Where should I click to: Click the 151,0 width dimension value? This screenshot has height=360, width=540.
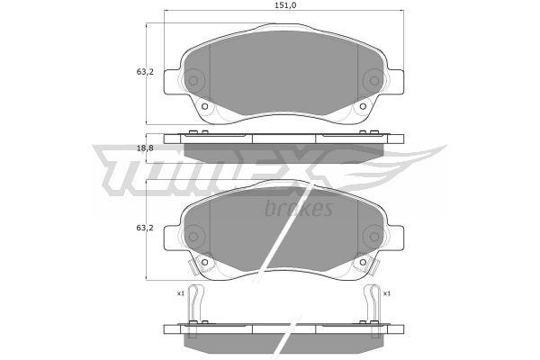pos(285,5)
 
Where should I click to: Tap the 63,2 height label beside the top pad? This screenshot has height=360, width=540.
pos(145,72)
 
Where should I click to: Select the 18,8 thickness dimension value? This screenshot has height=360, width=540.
pos(145,148)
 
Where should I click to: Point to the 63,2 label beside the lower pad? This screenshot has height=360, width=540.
pos(145,228)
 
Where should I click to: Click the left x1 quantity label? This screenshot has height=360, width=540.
pos(181,293)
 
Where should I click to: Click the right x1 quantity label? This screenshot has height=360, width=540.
pos(387,293)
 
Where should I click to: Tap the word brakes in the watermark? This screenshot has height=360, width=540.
pos(299,208)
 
